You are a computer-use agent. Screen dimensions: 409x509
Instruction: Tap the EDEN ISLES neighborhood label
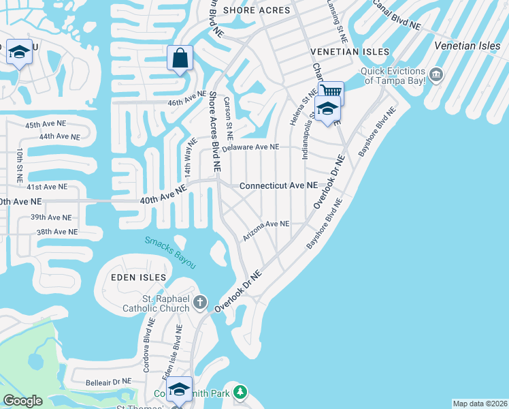point(139,278)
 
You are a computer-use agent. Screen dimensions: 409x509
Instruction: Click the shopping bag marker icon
point(180,59)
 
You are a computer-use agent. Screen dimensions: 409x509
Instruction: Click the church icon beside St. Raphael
point(200,301)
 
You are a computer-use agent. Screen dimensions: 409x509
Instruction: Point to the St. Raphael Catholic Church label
point(156,302)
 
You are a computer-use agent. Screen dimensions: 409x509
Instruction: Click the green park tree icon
point(240,392)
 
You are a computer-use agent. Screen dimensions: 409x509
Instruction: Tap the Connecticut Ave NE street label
point(278,185)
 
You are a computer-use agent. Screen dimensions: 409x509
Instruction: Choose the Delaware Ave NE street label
point(250,147)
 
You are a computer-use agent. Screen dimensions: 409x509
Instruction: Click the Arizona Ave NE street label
point(266,228)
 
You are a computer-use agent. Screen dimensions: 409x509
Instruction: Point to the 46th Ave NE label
point(186,97)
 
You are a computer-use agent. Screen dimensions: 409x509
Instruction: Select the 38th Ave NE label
point(56,232)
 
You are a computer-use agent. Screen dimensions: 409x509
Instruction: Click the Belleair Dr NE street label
point(108,382)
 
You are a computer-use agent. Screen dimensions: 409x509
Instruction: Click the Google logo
point(22,401)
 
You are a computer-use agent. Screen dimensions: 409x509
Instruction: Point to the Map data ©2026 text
point(479,404)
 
